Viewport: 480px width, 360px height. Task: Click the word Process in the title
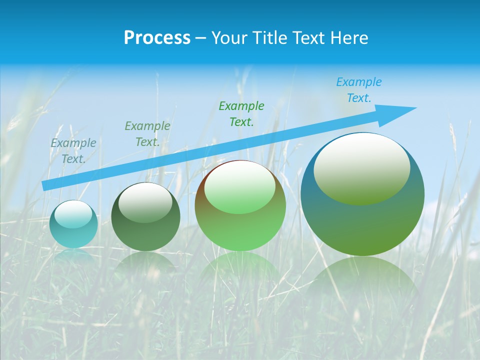click(x=157, y=38)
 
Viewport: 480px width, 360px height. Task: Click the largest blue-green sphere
click(x=362, y=225)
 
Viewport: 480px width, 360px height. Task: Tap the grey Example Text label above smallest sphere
click(x=73, y=150)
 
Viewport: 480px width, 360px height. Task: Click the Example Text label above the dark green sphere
click(x=147, y=133)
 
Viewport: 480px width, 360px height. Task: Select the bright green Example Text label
click(x=241, y=113)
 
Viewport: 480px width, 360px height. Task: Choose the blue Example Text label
click(x=358, y=89)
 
